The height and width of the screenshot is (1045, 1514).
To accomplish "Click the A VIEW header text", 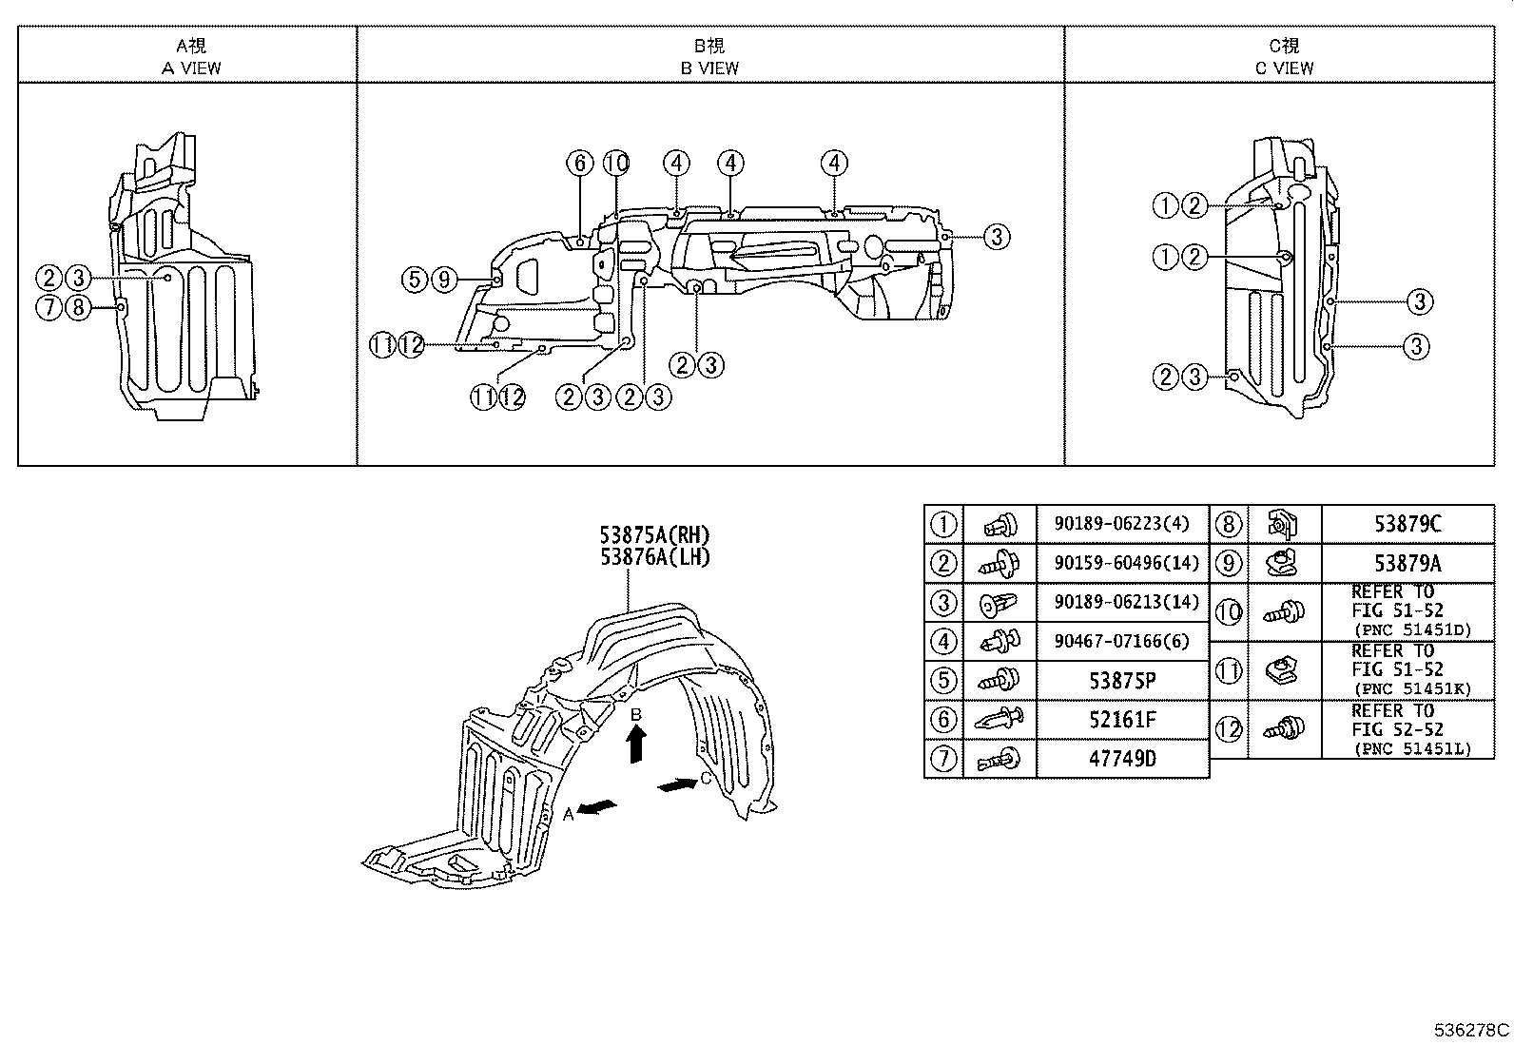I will click(x=190, y=68).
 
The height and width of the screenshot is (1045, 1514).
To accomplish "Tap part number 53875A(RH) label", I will click(x=654, y=535).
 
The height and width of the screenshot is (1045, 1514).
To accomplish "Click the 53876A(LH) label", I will click(x=654, y=557).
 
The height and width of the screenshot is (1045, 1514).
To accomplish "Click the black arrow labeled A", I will click(x=597, y=807).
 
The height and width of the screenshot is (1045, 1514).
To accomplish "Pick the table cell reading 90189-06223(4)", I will click(x=1120, y=524).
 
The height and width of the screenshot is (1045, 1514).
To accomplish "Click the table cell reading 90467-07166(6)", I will click(x=1120, y=642).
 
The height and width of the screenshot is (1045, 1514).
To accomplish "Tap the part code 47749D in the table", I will click(x=1121, y=759).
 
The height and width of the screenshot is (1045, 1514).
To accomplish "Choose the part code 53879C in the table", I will click(x=1407, y=524).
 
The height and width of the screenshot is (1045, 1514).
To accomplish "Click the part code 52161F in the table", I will click(x=1121, y=720).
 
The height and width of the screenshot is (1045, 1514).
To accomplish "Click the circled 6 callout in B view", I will click(x=580, y=164).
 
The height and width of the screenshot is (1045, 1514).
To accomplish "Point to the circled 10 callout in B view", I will click(x=615, y=164).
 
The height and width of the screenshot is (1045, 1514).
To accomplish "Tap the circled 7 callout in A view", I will click(x=49, y=307).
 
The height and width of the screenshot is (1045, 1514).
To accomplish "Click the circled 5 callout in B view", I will click(x=414, y=280).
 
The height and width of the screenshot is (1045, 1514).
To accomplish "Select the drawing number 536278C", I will click(x=1471, y=1030).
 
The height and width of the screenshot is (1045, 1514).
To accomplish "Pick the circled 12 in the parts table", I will click(x=1229, y=729).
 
